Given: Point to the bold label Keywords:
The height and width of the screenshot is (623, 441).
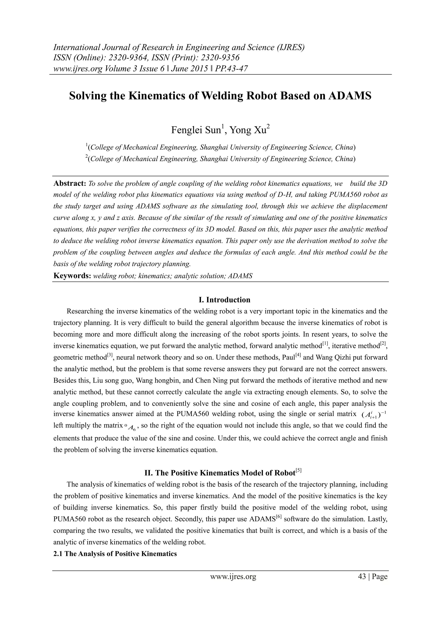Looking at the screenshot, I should (x=72, y=276).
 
